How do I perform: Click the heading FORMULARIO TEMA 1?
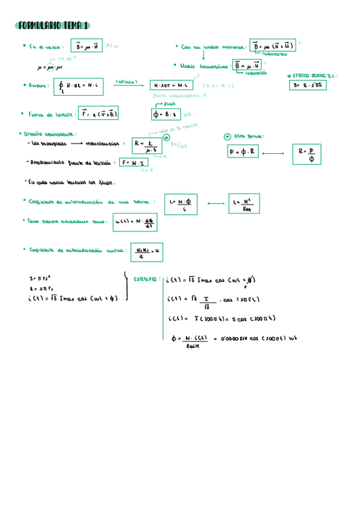[x=53, y=25]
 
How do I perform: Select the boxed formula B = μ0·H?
[x=87, y=46]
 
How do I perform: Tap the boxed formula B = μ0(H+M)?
[x=272, y=46]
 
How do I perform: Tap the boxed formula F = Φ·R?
[x=243, y=152]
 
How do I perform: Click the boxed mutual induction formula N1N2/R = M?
[x=146, y=252]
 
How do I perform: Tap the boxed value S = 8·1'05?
[x=308, y=85]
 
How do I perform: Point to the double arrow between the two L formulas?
[x=215, y=204]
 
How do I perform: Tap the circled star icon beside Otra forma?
[x=227, y=136]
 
